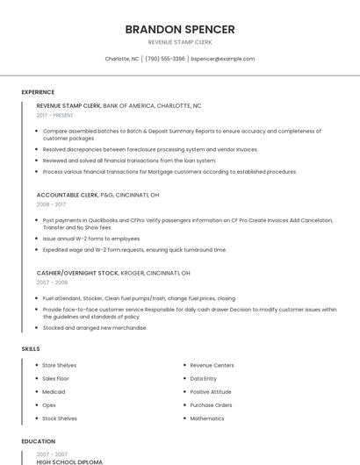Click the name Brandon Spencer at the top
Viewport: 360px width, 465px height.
(x=180, y=29)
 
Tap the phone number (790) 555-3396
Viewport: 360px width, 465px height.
(x=165, y=59)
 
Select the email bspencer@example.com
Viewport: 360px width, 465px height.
(x=223, y=59)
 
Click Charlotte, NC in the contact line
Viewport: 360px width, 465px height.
(x=122, y=59)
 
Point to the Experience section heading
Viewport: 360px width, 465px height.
(x=38, y=92)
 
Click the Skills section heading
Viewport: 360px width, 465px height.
(x=31, y=349)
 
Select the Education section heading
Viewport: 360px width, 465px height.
(x=39, y=441)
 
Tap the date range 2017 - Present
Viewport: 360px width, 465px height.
(x=55, y=115)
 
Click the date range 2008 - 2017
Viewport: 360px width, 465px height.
(x=51, y=204)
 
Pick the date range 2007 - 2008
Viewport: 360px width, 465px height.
(x=52, y=283)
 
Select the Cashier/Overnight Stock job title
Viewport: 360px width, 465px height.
(x=77, y=273)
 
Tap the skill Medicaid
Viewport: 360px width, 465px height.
(x=54, y=391)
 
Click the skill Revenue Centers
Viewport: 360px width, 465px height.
(x=212, y=365)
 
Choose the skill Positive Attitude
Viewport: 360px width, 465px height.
(x=211, y=391)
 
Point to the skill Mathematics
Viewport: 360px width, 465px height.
(x=207, y=418)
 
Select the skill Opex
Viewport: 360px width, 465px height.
(x=49, y=405)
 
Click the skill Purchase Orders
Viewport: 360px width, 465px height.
(x=211, y=405)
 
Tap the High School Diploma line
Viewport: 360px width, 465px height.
(x=69, y=461)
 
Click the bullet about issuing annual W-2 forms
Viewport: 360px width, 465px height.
(x=91, y=239)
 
